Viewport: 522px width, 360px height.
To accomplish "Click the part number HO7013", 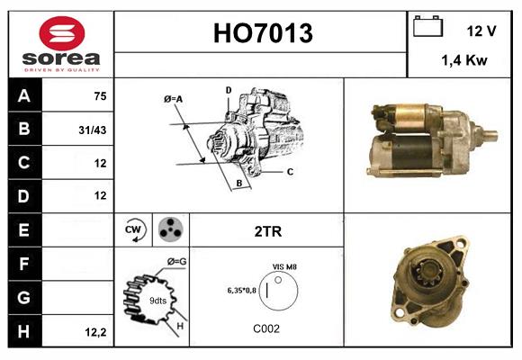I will [x=261, y=34].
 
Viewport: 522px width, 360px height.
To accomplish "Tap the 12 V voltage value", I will [x=481, y=31].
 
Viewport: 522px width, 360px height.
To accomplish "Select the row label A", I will [x=23, y=96].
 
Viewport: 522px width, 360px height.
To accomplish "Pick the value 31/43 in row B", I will [x=93, y=130].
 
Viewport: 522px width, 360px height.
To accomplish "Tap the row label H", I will [x=23, y=332].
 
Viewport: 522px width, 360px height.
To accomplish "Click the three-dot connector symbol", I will [x=168, y=230].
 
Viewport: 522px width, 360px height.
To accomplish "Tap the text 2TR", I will [x=267, y=231].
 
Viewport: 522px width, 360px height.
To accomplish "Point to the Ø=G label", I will [x=175, y=261].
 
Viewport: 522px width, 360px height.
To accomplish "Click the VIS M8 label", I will [x=284, y=267].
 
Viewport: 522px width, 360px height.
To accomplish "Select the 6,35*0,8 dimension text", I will [x=242, y=291].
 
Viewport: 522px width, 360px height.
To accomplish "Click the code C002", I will [x=266, y=328].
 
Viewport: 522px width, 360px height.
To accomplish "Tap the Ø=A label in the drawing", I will [x=174, y=98].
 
